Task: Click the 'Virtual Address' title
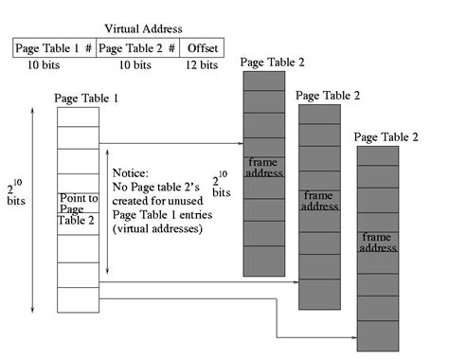coord(117,28)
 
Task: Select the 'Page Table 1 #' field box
coord(55,47)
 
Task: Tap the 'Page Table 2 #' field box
coord(137,47)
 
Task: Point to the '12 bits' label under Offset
coord(202,65)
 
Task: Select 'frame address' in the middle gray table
coord(319,200)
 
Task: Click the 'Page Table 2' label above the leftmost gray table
coord(272,63)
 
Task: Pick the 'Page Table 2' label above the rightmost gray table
coord(386,137)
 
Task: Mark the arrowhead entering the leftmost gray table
coord(241,144)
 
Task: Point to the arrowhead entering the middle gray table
coord(296,281)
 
